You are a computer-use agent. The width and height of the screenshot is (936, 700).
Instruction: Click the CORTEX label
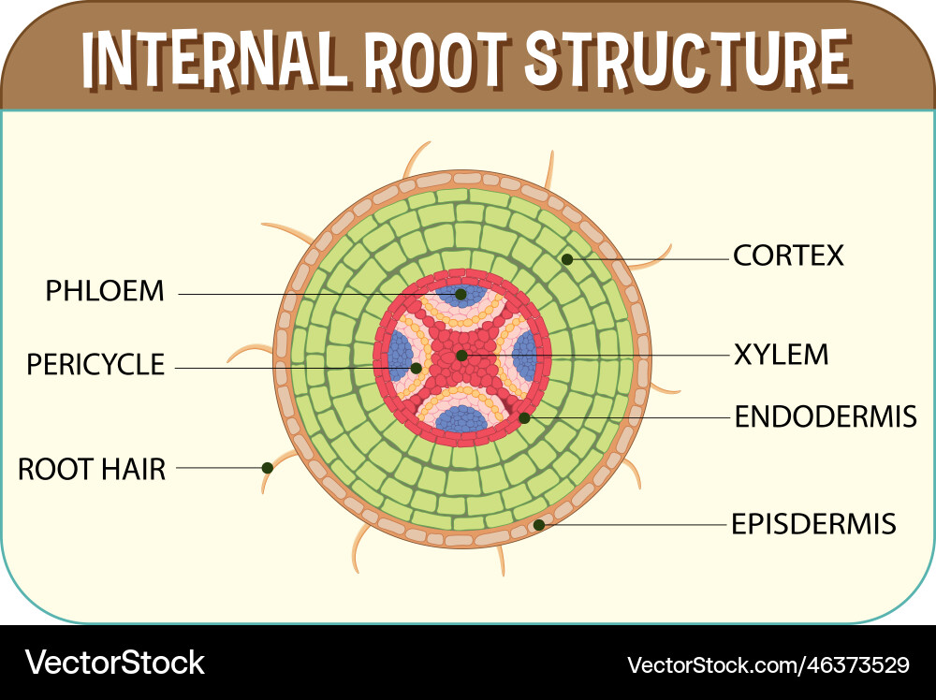tap(788, 255)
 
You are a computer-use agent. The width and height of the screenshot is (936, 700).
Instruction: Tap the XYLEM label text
tap(782, 355)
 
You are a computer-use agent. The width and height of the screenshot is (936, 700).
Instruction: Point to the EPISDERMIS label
tap(813, 523)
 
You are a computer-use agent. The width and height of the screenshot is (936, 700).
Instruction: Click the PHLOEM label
tap(105, 291)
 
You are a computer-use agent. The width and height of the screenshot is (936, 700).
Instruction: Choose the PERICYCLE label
tap(95, 364)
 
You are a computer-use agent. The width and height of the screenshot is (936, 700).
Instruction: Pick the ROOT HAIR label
tap(92, 469)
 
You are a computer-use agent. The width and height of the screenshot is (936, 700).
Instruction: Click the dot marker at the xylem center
tap(461, 356)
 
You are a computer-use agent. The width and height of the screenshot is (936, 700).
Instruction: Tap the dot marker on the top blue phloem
tap(461, 294)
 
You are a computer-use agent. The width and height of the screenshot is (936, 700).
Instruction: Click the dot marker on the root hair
tap(267, 467)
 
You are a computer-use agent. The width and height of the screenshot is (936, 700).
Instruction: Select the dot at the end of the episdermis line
tap(539, 525)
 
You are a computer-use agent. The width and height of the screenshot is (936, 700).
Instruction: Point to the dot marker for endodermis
tap(524, 417)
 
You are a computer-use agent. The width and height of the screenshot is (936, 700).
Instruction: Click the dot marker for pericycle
tap(416, 368)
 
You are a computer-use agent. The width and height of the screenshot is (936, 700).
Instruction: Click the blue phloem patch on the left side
tap(401, 356)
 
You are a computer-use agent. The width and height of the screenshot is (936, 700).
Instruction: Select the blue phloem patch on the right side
tap(524, 356)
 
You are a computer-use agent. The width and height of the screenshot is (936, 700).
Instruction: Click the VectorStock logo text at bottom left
tap(114, 663)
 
